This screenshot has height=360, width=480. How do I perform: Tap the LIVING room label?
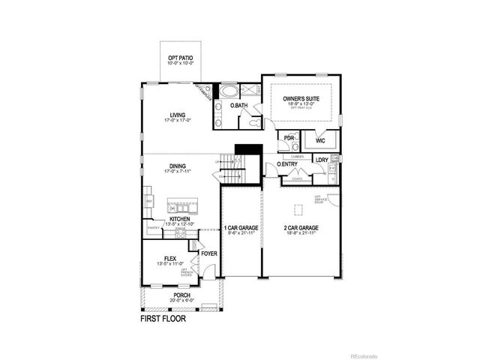(x=178, y=115)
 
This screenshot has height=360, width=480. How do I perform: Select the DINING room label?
(x=178, y=166)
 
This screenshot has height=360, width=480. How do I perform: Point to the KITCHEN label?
(x=179, y=219)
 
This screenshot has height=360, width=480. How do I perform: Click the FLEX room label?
(x=170, y=259)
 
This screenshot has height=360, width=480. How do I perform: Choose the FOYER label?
(x=208, y=253)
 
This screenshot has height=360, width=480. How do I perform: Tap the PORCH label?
(x=181, y=295)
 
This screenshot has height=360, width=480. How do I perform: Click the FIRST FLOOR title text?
(x=163, y=318)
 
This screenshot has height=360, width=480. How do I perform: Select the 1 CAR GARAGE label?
(x=240, y=227)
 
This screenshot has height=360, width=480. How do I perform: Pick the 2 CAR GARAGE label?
(x=301, y=227)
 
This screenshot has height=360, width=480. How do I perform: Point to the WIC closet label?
(x=320, y=139)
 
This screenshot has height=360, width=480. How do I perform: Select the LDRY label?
(x=321, y=160)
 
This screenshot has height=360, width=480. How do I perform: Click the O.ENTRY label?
(x=288, y=163)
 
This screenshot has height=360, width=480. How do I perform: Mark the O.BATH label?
(x=238, y=106)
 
